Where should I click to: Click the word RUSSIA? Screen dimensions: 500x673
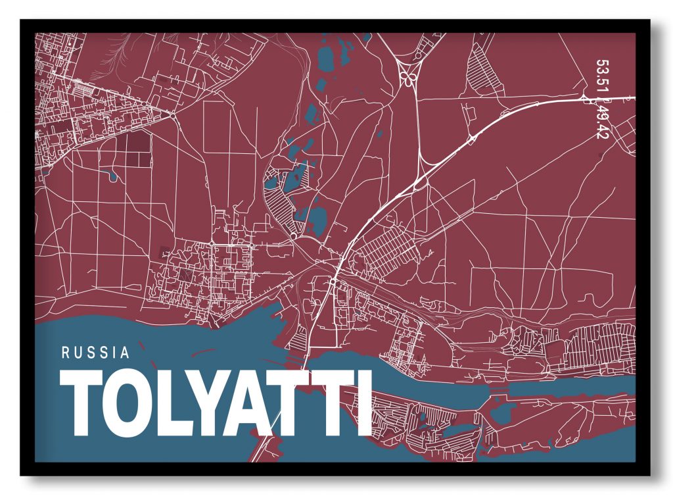pos(96,352)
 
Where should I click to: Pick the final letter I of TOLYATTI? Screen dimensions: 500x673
pos(362,403)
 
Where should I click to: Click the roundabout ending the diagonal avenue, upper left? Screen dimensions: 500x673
pos(172,114)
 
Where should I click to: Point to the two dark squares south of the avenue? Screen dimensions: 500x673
pos(138,148)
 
